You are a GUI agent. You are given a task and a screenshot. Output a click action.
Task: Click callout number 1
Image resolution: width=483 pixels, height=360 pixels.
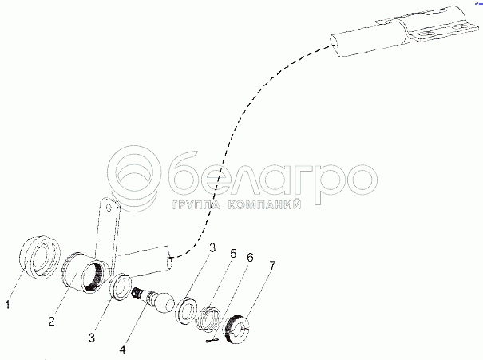point(8,305)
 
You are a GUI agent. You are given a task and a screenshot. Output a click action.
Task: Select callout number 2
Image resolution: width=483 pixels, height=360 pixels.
point(51,321)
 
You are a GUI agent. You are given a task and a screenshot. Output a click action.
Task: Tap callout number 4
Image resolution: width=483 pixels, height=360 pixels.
point(123,350)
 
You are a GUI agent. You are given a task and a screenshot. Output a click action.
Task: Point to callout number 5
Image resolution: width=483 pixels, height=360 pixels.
point(233,254)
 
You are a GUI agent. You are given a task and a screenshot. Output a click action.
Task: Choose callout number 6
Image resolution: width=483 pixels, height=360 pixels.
point(250,258)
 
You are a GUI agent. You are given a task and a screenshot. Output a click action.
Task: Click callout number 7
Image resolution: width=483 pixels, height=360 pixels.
point(272,265)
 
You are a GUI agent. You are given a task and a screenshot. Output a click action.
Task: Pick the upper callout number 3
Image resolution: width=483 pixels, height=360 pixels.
point(213,248)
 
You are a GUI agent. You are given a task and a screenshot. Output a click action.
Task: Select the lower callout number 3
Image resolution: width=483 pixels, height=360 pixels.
point(92,338)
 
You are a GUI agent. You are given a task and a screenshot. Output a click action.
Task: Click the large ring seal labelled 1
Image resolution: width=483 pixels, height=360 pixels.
point(39,258)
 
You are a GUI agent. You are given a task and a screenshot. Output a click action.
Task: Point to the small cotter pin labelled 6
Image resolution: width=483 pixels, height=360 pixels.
point(212,340)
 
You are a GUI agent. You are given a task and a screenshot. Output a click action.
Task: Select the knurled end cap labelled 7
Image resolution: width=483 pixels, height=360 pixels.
point(238,328)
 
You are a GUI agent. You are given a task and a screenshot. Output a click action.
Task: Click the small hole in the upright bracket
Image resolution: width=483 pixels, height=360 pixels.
point(108,208)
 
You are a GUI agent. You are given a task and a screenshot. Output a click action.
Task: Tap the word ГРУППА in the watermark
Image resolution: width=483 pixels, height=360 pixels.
point(196,205)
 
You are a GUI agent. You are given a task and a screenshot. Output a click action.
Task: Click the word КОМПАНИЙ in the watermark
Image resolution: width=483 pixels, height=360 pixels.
point(264,205)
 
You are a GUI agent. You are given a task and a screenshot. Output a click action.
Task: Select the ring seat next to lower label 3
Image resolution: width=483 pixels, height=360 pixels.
point(121,287)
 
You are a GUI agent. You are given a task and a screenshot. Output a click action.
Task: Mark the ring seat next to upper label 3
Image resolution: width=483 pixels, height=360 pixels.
point(186,311)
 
